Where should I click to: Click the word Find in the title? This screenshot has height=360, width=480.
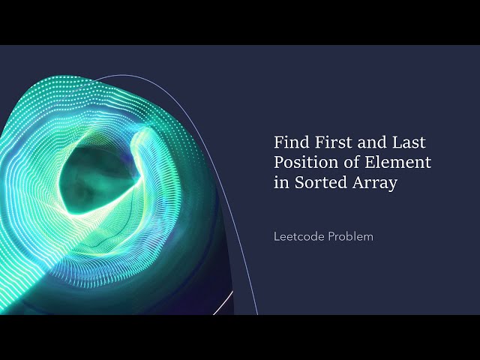point(289,141)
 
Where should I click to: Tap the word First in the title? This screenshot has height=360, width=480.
point(326,141)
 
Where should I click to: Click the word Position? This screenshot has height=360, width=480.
point(303,162)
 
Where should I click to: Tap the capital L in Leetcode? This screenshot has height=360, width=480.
point(277,236)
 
